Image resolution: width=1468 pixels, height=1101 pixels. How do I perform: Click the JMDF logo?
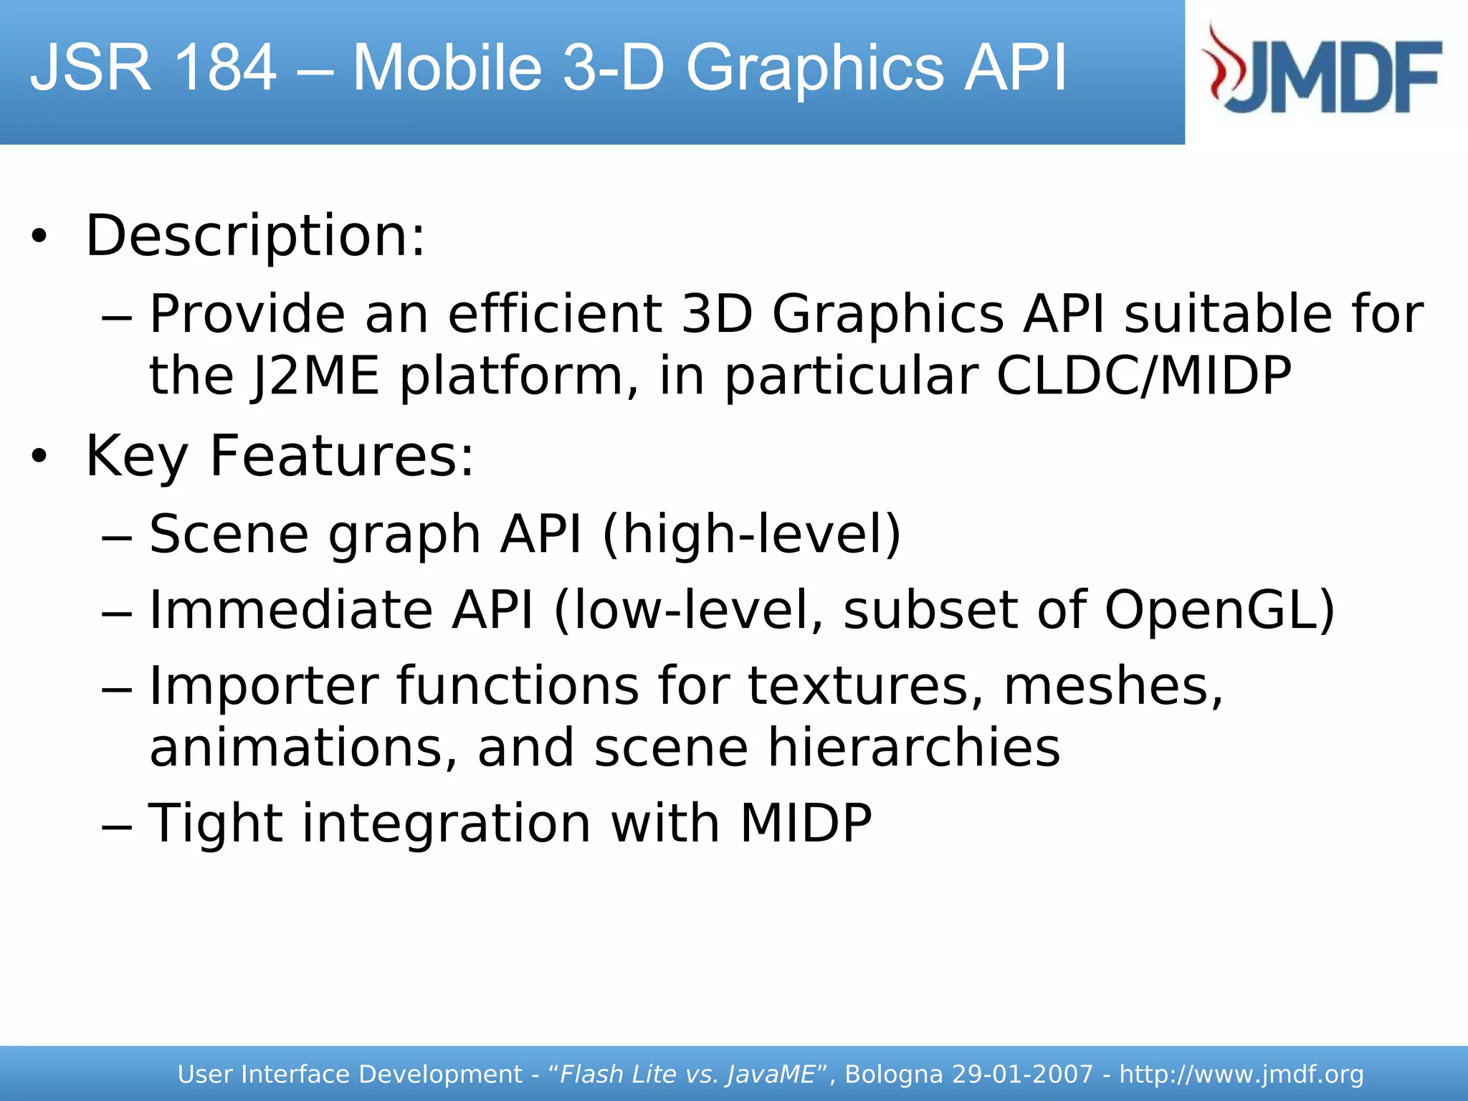point(1323,70)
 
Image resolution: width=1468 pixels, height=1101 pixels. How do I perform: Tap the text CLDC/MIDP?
point(1144,376)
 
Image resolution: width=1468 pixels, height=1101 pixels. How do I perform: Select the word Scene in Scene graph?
point(229,534)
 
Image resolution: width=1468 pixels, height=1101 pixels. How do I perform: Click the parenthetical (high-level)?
point(752,534)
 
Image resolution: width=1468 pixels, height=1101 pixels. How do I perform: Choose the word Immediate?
point(290,610)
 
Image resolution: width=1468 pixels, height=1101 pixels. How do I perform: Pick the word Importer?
point(263,686)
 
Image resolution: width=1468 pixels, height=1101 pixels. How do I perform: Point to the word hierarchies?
point(914,748)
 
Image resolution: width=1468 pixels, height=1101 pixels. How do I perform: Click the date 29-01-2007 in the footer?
point(1022,1074)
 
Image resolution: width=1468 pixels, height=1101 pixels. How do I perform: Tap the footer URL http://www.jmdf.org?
point(1241,1074)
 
